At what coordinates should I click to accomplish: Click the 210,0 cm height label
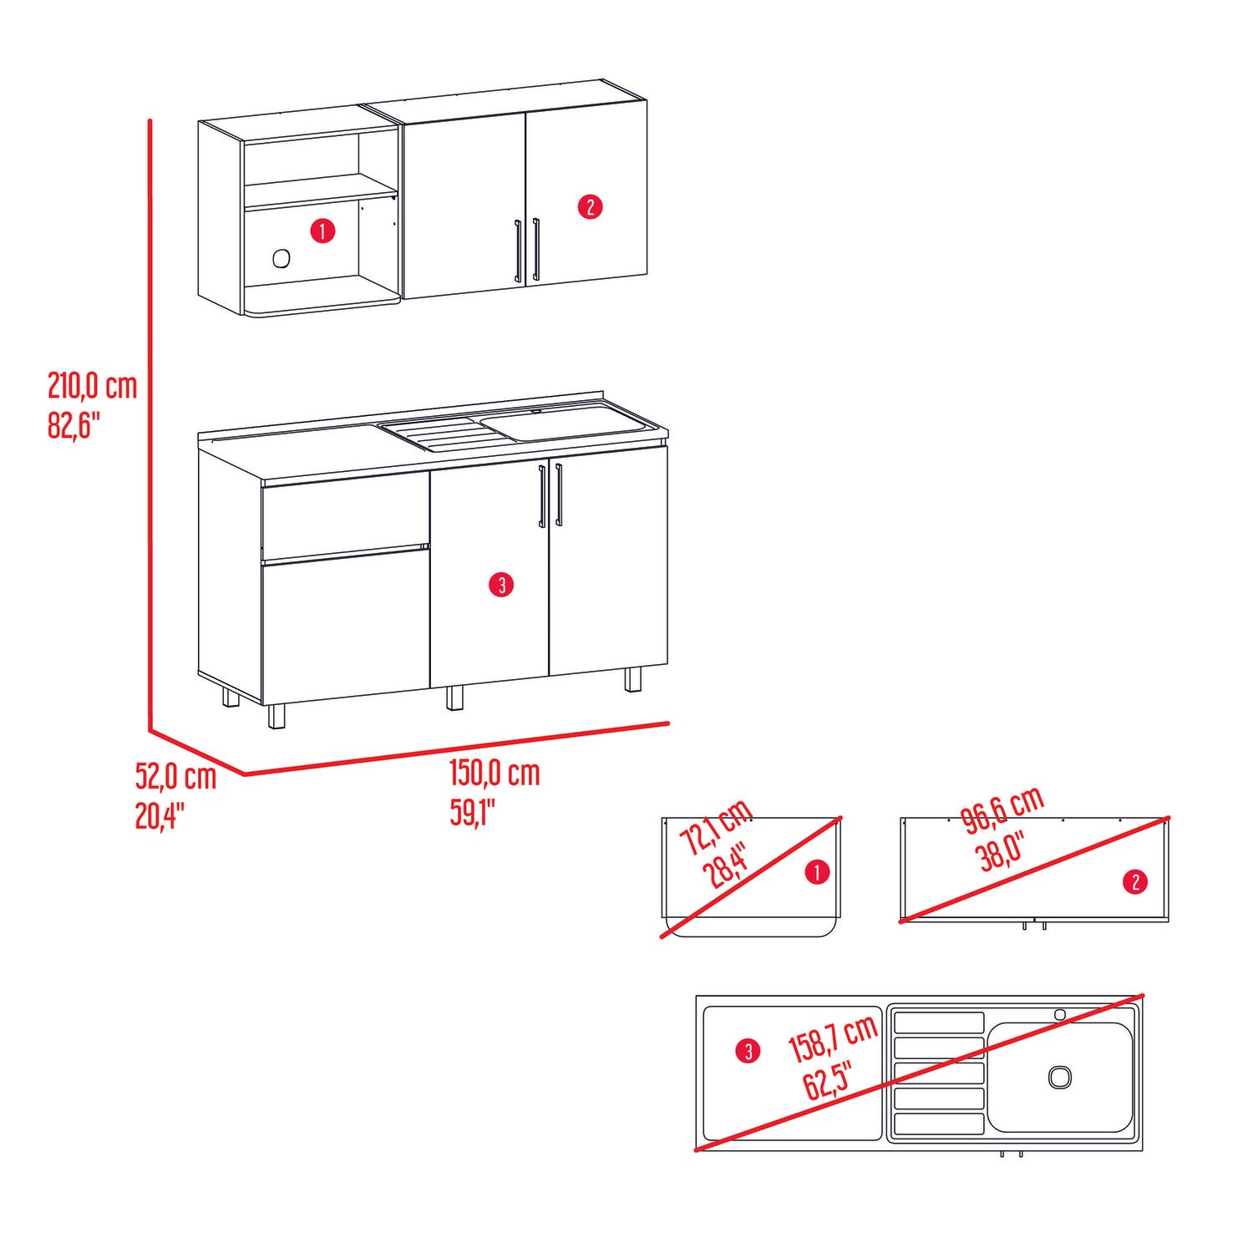(x=92, y=386)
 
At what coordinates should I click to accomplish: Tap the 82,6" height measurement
(x=74, y=425)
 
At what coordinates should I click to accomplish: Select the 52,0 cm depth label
(x=175, y=776)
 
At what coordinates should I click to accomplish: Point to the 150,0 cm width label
(x=495, y=773)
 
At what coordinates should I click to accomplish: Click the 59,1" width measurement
(x=473, y=812)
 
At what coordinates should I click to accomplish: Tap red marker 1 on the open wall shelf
(x=322, y=231)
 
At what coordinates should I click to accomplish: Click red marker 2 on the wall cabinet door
(x=591, y=206)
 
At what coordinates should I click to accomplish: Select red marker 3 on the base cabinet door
(x=501, y=585)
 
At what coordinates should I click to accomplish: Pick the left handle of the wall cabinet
(x=519, y=251)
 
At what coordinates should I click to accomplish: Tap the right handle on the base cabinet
(x=559, y=495)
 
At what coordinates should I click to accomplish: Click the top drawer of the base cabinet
(x=345, y=512)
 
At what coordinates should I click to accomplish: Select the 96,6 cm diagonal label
(x=1003, y=809)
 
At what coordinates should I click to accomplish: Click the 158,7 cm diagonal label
(x=834, y=1040)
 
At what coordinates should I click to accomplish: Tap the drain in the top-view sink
(x=1060, y=1077)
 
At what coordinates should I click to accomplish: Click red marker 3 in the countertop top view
(x=748, y=1051)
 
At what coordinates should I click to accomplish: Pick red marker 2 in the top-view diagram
(x=1135, y=881)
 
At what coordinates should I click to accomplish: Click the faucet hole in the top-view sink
(x=1060, y=1014)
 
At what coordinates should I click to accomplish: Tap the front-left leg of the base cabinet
(x=276, y=716)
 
